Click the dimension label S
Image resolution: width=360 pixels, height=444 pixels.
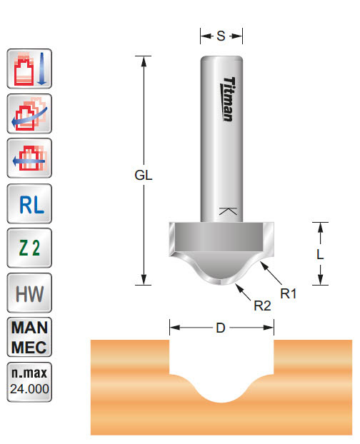pyautogui.click(x=221, y=36)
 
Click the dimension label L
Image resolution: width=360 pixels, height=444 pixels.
pyautogui.click(x=320, y=253)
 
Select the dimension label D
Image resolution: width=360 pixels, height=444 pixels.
pyautogui.click(x=221, y=328)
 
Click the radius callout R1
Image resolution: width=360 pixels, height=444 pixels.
pyautogui.click(x=289, y=292)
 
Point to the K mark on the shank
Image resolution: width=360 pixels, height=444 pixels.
pyautogui.click(x=227, y=211)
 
